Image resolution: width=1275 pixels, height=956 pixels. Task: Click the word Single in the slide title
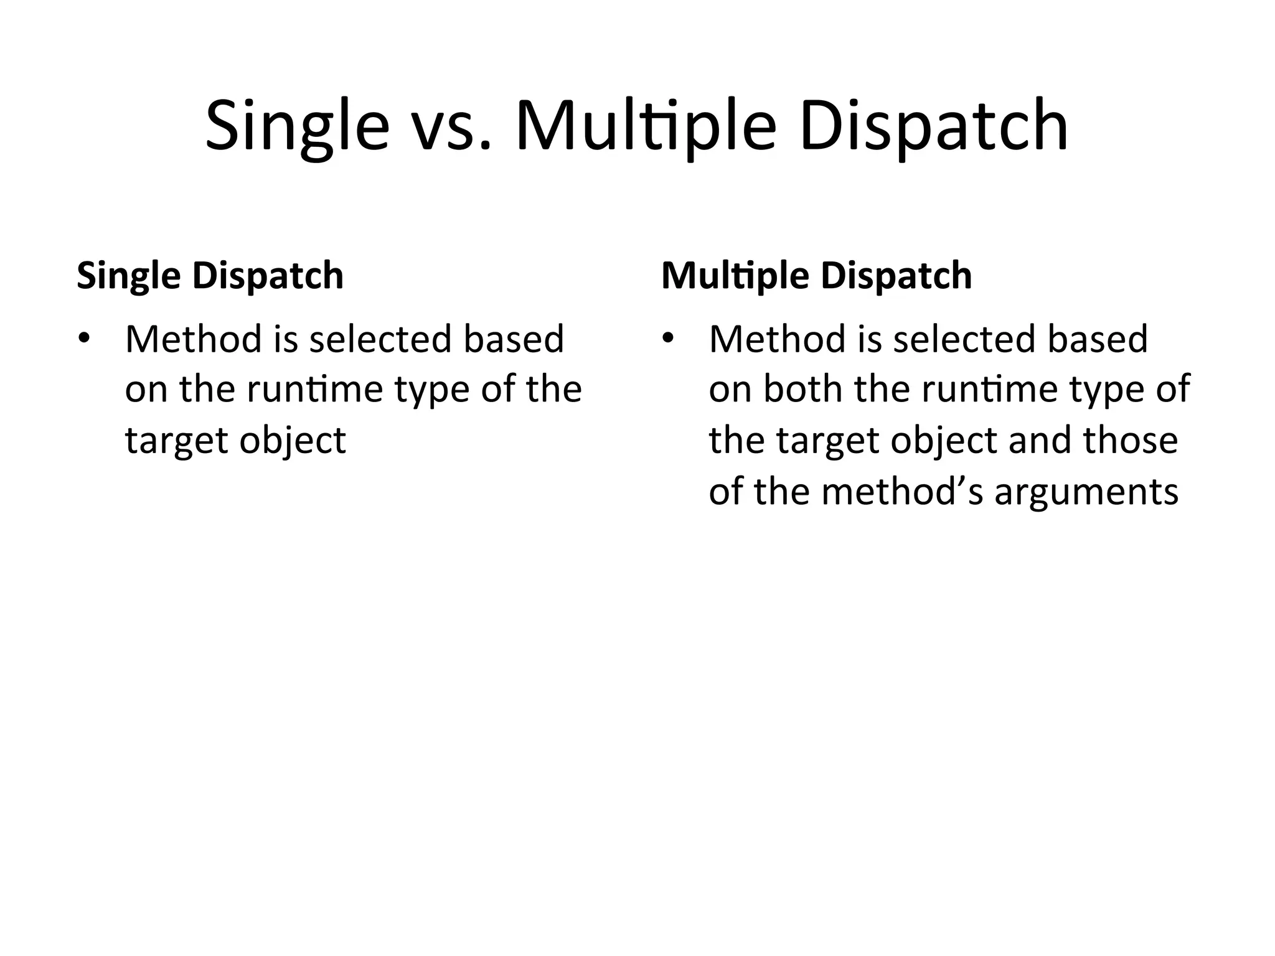coord(297,128)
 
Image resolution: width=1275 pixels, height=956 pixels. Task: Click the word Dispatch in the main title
coord(934,128)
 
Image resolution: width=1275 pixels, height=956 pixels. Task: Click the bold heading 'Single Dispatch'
coord(210,276)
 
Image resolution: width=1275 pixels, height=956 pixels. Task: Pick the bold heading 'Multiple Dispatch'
coord(816,276)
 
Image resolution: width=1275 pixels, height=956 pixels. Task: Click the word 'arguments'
coord(1086,492)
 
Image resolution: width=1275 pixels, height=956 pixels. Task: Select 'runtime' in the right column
coord(989,391)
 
